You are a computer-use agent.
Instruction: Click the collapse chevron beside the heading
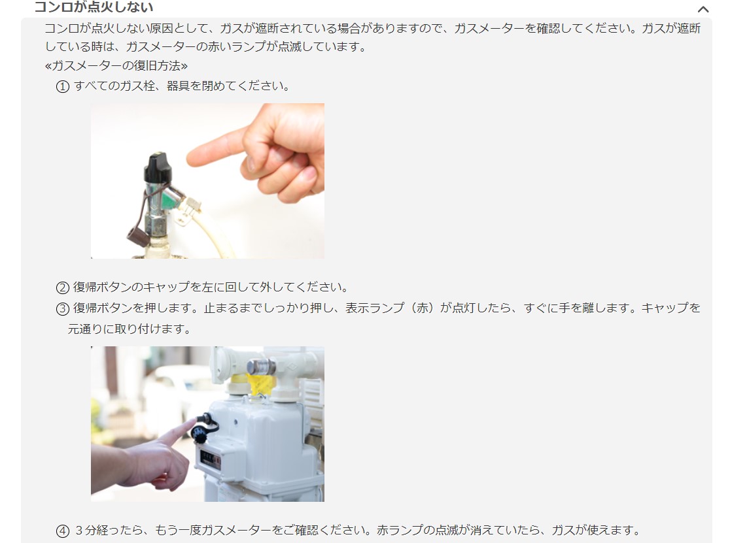[703, 9]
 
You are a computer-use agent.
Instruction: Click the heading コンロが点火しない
[94, 7]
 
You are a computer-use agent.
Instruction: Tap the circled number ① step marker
[62, 86]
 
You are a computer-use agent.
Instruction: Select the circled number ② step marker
[62, 288]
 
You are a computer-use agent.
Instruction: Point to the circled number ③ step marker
[62, 308]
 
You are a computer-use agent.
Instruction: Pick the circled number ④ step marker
[62, 531]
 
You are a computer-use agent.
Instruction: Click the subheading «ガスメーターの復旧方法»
[116, 65]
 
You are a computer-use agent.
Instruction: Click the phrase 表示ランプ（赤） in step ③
[392, 308]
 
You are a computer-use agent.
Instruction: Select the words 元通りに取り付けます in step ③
[126, 329]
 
